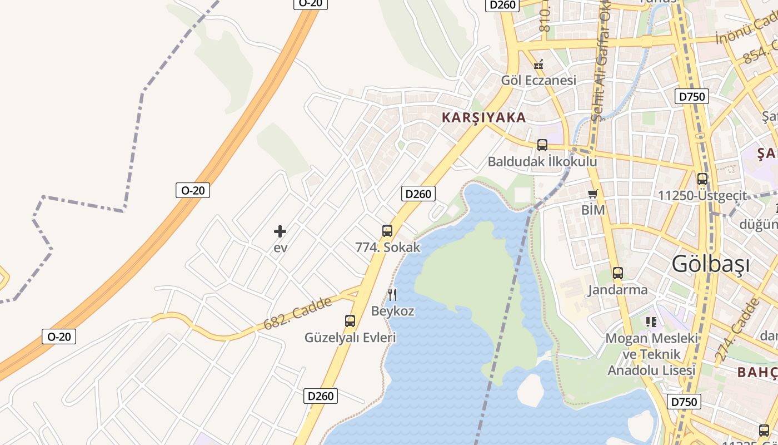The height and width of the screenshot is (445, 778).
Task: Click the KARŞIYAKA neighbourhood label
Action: pyautogui.click(x=483, y=117)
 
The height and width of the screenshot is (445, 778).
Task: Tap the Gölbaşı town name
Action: pyautogui.click(x=710, y=264)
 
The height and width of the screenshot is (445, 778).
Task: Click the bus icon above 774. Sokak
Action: pyautogui.click(x=387, y=230)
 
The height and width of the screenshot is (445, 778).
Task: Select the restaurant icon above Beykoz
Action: pyautogui.click(x=392, y=294)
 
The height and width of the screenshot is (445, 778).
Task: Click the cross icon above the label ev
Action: pyautogui.click(x=280, y=231)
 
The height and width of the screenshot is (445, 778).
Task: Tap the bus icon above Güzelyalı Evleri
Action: pyautogui.click(x=350, y=320)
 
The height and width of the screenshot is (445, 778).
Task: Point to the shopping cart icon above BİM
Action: pyautogui.click(x=593, y=194)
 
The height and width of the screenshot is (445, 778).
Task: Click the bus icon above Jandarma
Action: pyautogui.click(x=617, y=273)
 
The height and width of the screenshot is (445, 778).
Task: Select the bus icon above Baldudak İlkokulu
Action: pyautogui.click(x=542, y=145)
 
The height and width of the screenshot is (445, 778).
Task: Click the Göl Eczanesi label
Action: pyautogui.click(x=538, y=80)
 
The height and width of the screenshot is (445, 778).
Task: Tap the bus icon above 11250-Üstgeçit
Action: pyautogui.click(x=702, y=179)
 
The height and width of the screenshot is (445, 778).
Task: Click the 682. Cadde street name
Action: pyautogui.click(x=298, y=313)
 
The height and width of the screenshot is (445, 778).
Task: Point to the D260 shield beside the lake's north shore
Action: pyautogui.click(x=418, y=194)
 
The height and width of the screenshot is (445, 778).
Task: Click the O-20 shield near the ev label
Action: pyautogui.click(x=193, y=190)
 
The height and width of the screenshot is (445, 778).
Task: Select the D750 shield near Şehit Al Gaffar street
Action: pyautogui.click(x=692, y=96)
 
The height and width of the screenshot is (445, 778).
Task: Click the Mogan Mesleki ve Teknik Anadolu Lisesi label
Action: pyautogui.click(x=651, y=354)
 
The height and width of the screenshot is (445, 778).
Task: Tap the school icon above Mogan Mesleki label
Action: pyautogui.click(x=651, y=322)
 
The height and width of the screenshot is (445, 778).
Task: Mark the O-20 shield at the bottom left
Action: pyautogui.click(x=59, y=337)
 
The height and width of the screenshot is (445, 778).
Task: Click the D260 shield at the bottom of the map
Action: pyautogui.click(x=321, y=395)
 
